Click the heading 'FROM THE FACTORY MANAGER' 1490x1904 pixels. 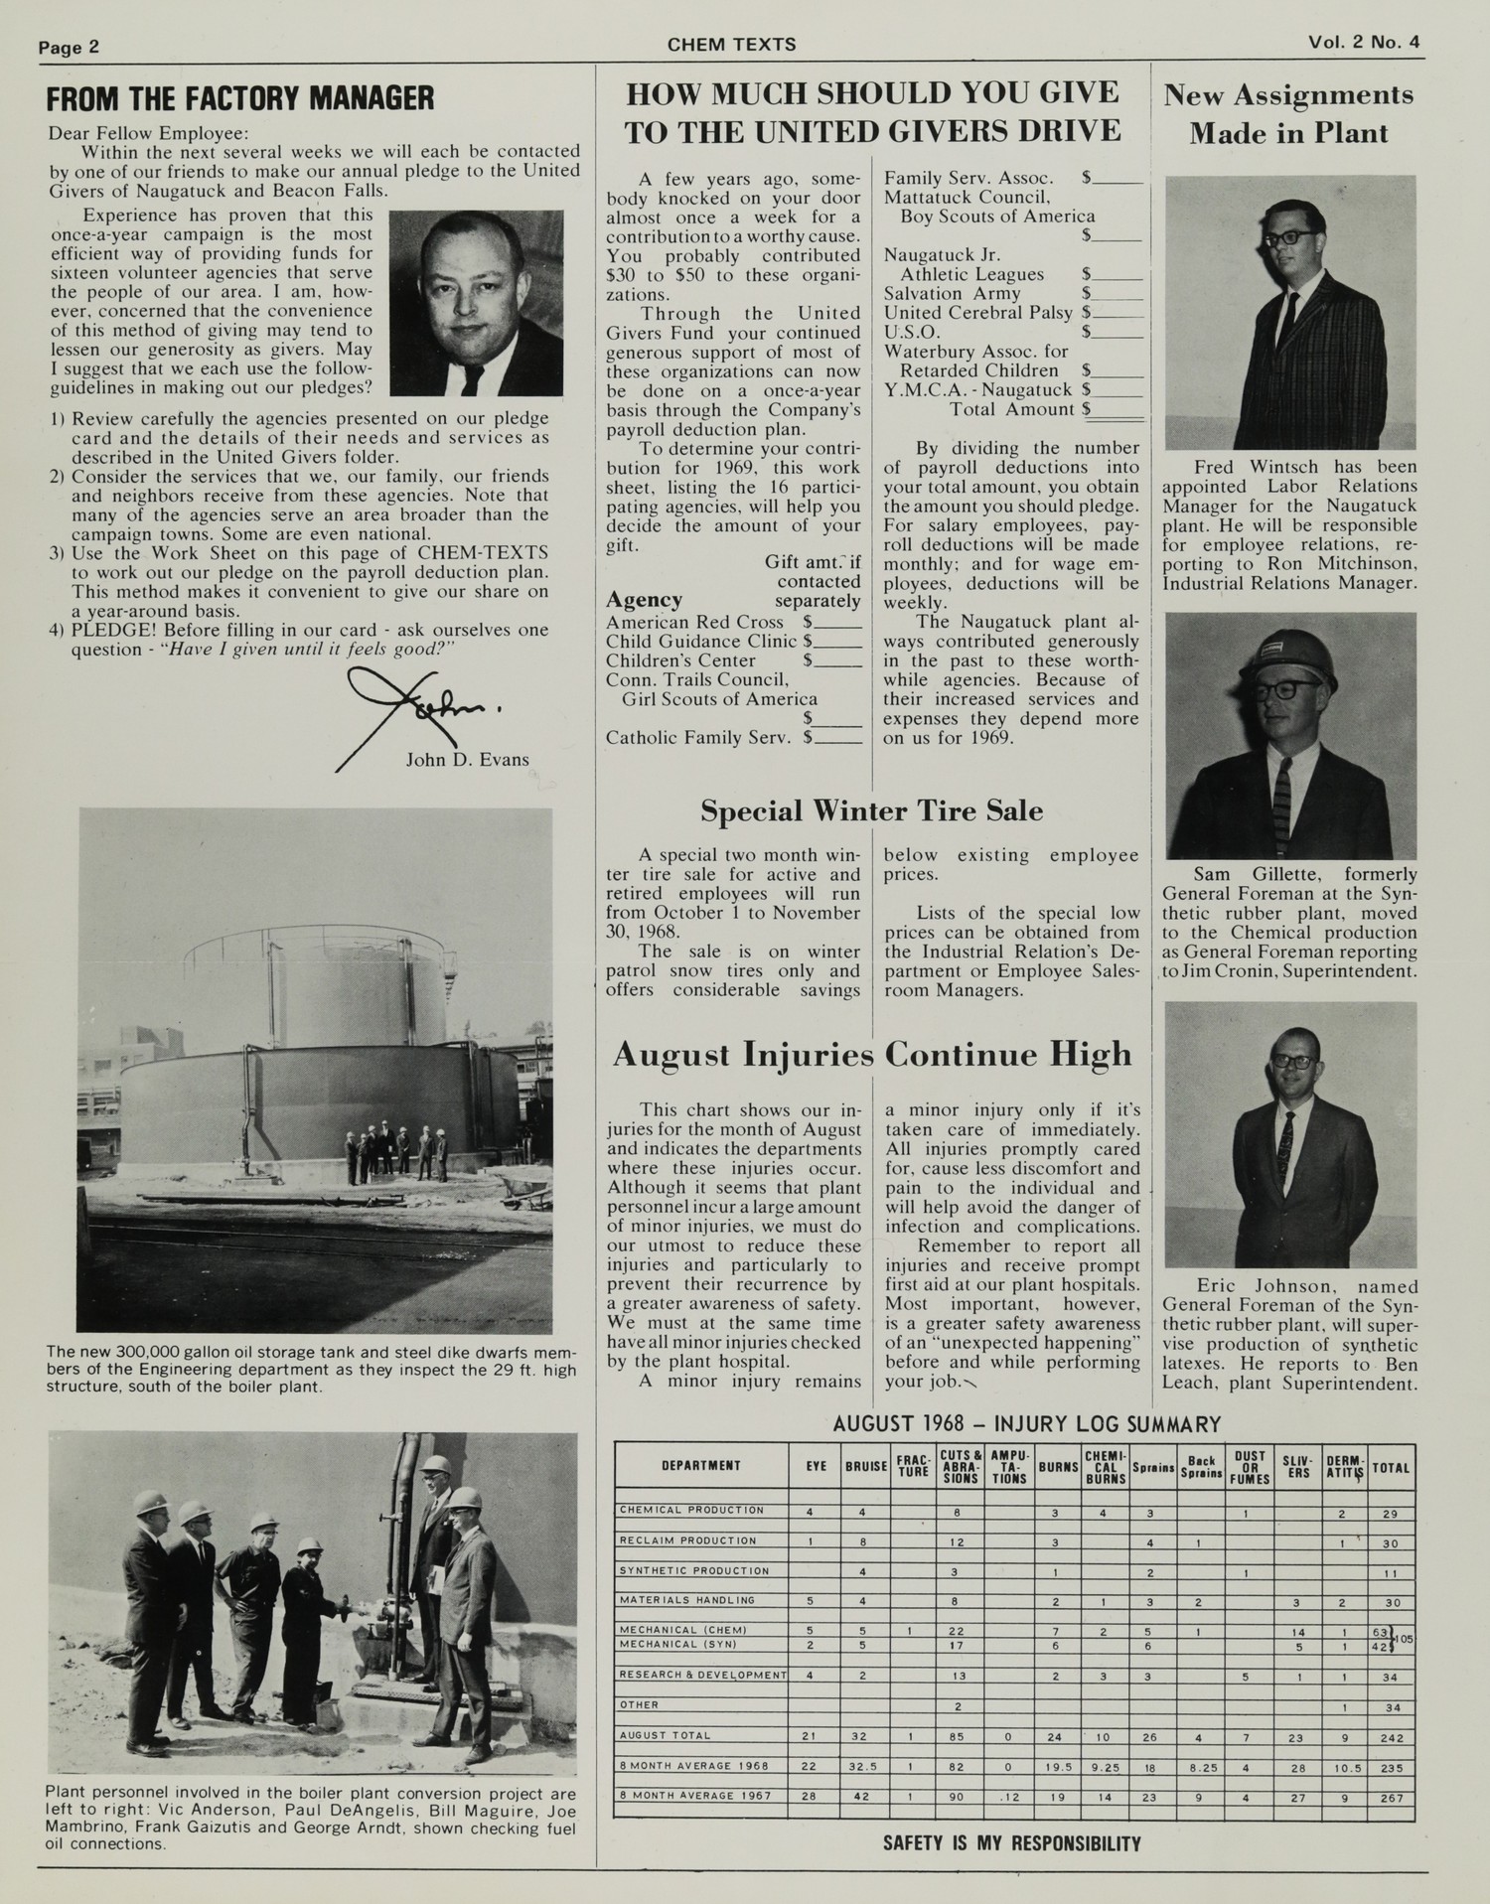pyautogui.click(x=241, y=99)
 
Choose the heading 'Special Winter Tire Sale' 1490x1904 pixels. pyautogui.click(x=871, y=811)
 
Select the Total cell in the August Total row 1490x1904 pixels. pyautogui.click(x=1390, y=1736)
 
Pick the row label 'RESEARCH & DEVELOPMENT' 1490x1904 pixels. pyautogui.click(x=702, y=1676)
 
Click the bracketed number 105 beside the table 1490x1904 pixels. pyautogui.click(x=1404, y=1639)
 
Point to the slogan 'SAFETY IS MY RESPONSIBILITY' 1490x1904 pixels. pyautogui.click(x=1011, y=1843)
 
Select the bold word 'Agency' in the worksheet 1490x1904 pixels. pyautogui.click(x=645, y=600)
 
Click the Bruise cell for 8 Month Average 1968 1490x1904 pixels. pyautogui.click(x=865, y=1767)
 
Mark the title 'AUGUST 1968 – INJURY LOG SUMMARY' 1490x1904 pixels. pyautogui.click(x=1026, y=1424)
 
